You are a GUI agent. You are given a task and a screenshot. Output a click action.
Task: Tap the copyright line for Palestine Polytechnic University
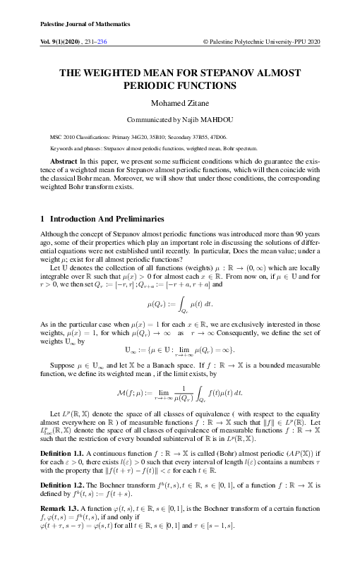point(261,42)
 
